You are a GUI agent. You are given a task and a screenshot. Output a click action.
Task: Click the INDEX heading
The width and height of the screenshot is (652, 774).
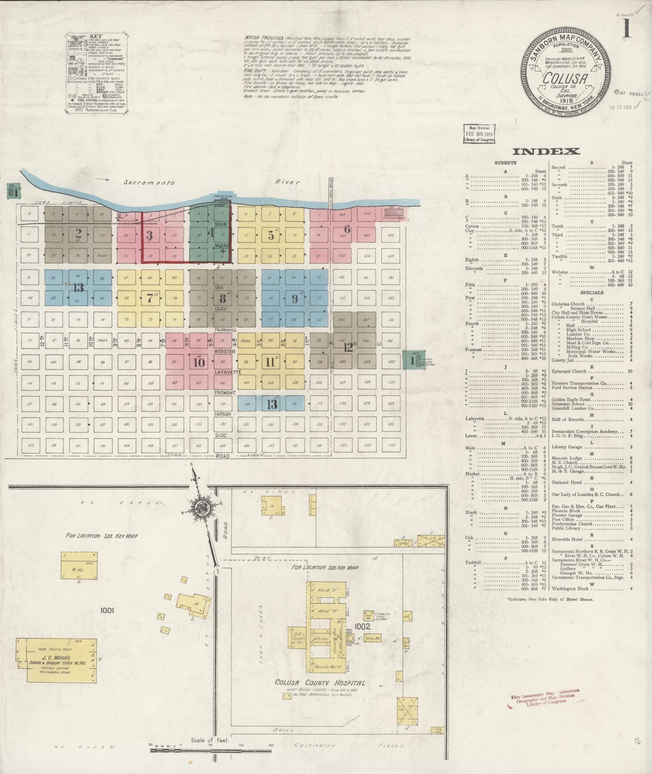click(x=546, y=152)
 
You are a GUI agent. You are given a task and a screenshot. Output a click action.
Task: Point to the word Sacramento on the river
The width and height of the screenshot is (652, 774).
click(x=149, y=182)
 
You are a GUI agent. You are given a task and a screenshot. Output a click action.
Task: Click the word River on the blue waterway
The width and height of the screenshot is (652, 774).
click(x=288, y=182)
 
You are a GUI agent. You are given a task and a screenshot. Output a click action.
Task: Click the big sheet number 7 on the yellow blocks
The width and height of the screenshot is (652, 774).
click(x=150, y=299)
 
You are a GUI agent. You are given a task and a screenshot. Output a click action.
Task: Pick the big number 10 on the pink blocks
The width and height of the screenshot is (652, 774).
click(x=199, y=362)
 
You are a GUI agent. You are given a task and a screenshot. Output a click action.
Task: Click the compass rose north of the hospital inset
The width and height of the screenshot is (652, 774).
click(x=199, y=508)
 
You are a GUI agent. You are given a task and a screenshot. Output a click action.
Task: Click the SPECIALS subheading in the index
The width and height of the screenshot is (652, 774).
click(x=591, y=292)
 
